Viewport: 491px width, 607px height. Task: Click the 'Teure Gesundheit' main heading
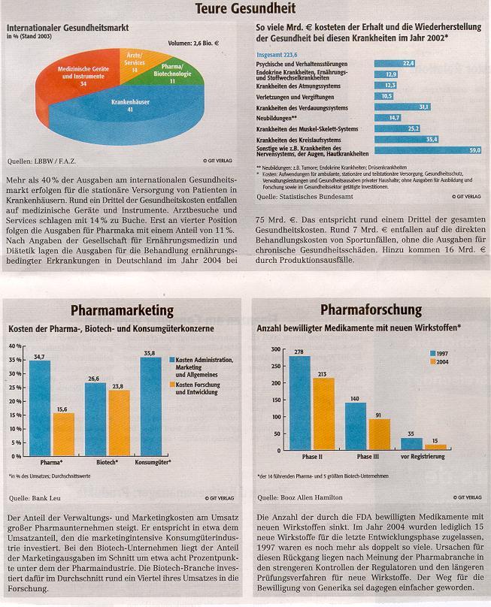(246, 9)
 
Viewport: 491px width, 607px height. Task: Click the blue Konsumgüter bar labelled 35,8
(151, 406)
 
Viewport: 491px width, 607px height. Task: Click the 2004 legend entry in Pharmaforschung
(442, 361)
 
